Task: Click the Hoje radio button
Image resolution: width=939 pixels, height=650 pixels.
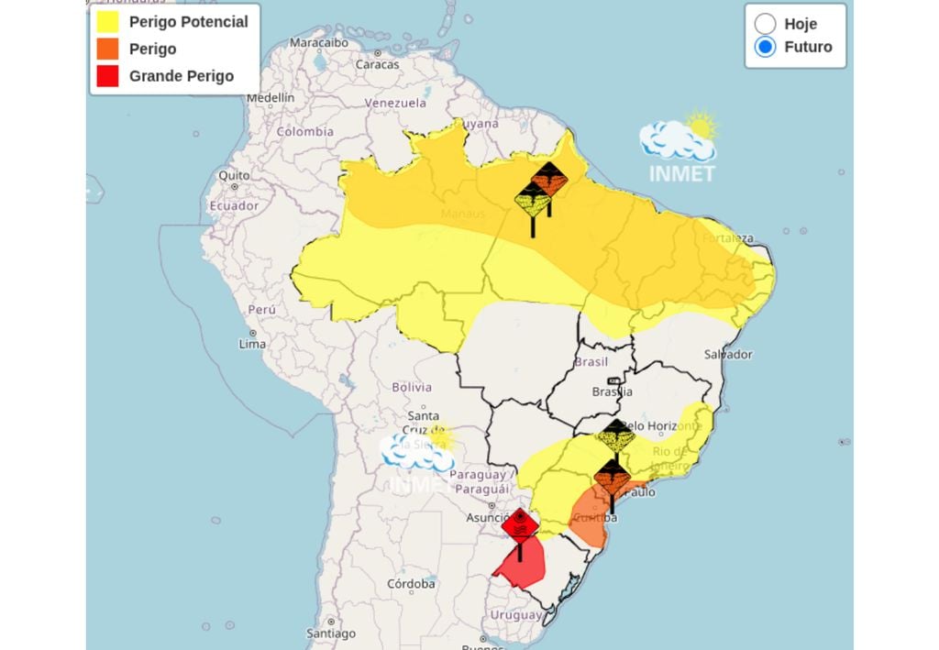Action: click(765, 24)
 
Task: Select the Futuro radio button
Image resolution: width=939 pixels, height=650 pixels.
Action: click(765, 47)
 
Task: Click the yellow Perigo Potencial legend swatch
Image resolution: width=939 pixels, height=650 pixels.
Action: click(107, 22)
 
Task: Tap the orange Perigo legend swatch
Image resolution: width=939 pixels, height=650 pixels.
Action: click(107, 49)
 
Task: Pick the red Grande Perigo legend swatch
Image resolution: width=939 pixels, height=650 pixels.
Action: click(107, 76)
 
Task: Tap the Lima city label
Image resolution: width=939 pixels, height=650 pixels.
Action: click(251, 344)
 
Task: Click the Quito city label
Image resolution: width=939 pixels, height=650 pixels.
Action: click(234, 175)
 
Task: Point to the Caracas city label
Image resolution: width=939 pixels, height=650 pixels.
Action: click(377, 64)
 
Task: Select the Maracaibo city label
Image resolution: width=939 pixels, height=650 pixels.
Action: click(319, 42)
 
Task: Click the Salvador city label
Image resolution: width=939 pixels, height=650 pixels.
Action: click(728, 355)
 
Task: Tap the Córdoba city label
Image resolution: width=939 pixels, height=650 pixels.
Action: click(411, 584)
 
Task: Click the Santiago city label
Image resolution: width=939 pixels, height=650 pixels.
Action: click(331, 633)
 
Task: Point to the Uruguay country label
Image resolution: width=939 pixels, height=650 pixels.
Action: click(516, 614)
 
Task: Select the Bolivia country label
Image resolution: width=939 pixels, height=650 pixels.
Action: click(412, 387)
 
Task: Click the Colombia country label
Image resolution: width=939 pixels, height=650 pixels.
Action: click(305, 131)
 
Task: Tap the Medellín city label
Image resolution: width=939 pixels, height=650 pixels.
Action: click(271, 97)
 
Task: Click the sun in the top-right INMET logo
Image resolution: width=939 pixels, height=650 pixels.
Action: click(701, 125)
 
